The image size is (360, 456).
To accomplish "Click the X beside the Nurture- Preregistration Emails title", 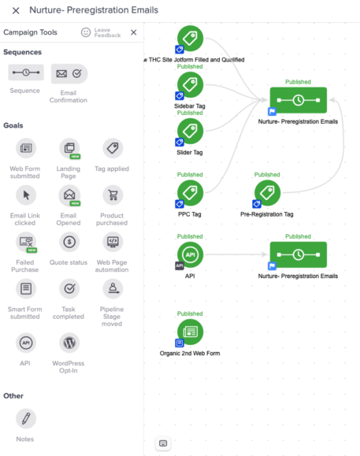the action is click(x=16, y=11).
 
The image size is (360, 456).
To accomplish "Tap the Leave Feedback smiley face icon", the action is click(x=86, y=32).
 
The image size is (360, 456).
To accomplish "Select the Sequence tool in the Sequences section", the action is click(x=26, y=72).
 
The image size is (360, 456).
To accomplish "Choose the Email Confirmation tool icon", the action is click(x=69, y=74).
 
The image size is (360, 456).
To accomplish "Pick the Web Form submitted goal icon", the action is click(x=26, y=148).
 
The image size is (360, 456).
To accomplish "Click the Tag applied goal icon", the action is click(x=113, y=148).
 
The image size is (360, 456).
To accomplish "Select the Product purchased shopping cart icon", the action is click(x=113, y=195).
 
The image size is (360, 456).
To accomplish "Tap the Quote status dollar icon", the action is click(x=69, y=242).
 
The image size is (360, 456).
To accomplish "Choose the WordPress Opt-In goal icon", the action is click(x=69, y=343).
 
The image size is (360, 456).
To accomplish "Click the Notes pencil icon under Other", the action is click(x=26, y=419).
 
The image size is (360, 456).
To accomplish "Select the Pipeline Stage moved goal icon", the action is click(x=113, y=289).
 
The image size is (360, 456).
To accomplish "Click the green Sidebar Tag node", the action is click(x=190, y=85).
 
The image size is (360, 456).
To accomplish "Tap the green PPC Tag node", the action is click(x=190, y=193).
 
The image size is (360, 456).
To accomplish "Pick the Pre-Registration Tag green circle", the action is click(x=268, y=193).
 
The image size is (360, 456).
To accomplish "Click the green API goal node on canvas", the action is click(x=190, y=254).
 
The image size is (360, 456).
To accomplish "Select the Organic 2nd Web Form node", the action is click(x=190, y=332).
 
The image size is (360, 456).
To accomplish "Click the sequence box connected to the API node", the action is click(x=299, y=254).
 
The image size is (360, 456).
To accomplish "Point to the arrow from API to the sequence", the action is click(x=236, y=254).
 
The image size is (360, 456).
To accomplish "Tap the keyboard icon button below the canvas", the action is click(x=163, y=443).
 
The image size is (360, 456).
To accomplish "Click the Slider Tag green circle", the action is click(x=190, y=132).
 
